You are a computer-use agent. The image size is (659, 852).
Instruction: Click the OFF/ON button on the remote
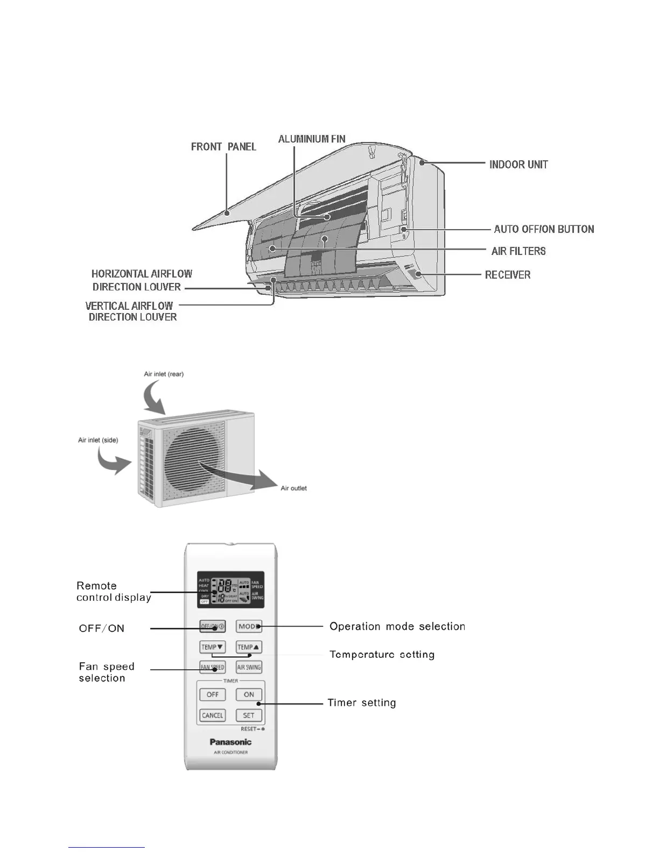(x=212, y=627)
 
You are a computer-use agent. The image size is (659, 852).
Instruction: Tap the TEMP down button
(x=212, y=647)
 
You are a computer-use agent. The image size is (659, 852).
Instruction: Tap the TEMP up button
(x=249, y=647)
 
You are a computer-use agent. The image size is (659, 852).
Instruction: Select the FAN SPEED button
(x=212, y=668)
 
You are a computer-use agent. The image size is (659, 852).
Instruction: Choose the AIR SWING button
(x=249, y=668)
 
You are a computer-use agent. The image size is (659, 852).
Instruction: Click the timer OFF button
(x=212, y=694)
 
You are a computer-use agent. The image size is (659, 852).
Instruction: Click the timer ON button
(x=249, y=694)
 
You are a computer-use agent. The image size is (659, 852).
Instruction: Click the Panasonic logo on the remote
(x=230, y=742)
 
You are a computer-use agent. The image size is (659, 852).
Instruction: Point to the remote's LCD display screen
(x=230, y=590)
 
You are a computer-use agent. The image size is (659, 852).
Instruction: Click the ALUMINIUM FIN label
(x=312, y=139)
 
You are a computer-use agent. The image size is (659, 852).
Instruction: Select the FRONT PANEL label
(x=223, y=147)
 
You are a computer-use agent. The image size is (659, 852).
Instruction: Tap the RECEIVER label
(x=508, y=275)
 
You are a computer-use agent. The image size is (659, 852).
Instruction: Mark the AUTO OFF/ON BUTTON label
(x=544, y=229)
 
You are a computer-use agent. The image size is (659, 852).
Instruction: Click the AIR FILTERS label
(x=518, y=251)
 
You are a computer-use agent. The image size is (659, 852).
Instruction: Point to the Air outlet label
(x=293, y=488)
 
